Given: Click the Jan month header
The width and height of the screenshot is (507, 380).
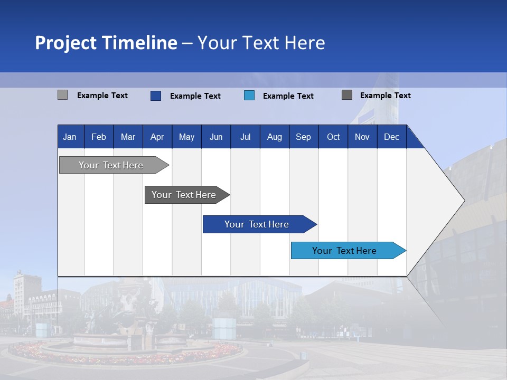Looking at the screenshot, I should (x=70, y=137).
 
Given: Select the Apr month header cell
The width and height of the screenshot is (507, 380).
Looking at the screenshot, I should (x=157, y=137).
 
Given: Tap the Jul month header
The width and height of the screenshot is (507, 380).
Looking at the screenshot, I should (x=245, y=137).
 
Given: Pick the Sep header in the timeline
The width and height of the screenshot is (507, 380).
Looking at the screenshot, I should (x=303, y=137).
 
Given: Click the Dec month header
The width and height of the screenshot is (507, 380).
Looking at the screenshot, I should (x=391, y=137).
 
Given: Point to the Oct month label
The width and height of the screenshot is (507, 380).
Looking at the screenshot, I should (x=333, y=137).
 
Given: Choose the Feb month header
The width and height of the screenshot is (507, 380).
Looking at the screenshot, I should (x=99, y=137).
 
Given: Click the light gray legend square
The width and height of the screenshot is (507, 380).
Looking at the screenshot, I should (x=62, y=95).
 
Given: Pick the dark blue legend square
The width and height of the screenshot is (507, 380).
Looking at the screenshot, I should (x=155, y=96).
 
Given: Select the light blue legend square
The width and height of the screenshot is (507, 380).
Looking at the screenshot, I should (x=249, y=96).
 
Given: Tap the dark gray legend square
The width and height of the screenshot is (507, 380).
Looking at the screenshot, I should (x=347, y=95).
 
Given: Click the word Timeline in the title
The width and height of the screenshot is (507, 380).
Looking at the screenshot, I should (x=139, y=43).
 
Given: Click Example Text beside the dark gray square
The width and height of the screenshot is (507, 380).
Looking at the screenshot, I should (x=385, y=96).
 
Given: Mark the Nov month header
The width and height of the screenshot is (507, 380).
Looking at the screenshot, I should (x=362, y=137).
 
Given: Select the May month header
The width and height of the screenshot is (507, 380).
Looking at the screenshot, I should (x=186, y=137).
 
